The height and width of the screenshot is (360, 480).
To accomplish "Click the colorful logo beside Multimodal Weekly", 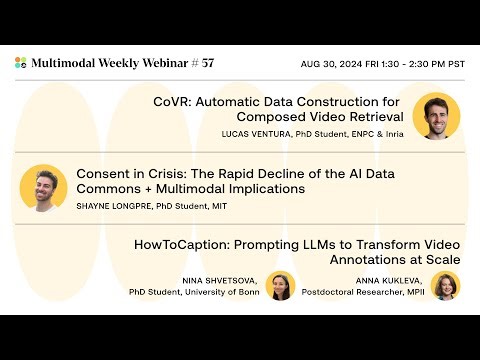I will pos(21,63).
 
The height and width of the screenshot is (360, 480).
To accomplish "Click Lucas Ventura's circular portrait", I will pos(436,116).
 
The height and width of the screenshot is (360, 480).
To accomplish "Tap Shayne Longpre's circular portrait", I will pos(43,188).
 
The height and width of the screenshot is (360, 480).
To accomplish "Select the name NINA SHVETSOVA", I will pos(219,280).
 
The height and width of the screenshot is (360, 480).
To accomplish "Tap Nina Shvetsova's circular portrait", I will pos(280,286).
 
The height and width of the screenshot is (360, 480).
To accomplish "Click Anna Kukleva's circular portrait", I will pos(445,286).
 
